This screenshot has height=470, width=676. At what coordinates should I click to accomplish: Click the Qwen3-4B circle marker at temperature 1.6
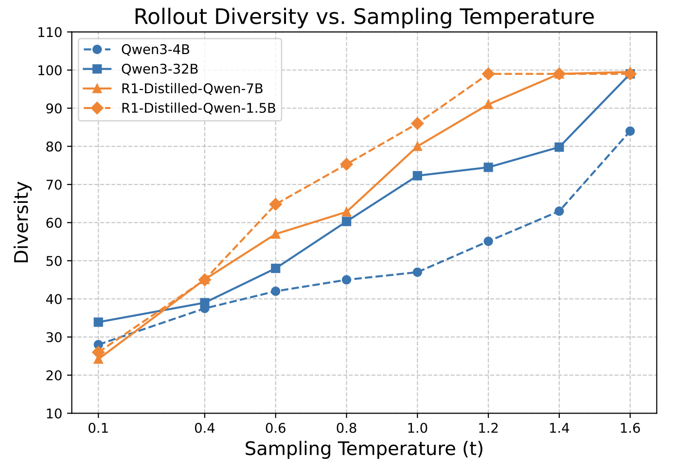point(630,131)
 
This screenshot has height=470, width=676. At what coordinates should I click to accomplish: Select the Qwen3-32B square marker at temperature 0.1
point(98,322)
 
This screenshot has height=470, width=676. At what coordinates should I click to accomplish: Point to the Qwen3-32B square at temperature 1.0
point(417,176)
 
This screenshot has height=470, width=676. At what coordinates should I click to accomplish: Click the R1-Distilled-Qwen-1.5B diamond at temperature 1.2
point(488,74)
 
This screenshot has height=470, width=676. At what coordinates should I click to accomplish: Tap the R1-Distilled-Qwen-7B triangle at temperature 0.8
point(346,212)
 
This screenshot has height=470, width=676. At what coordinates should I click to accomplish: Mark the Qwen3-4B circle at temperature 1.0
point(417,272)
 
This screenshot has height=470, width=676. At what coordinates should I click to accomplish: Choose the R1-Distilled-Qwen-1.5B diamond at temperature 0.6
point(275,204)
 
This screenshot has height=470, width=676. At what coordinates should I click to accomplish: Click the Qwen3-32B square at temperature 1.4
point(559,147)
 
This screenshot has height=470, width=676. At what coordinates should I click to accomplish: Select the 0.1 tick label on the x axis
point(98,428)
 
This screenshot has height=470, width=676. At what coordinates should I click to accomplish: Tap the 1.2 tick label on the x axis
point(488,428)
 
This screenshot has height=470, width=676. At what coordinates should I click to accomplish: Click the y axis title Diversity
point(22,222)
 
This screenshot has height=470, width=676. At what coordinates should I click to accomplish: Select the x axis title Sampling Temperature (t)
point(364,449)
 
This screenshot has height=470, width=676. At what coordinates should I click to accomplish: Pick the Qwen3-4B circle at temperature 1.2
point(488,241)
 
